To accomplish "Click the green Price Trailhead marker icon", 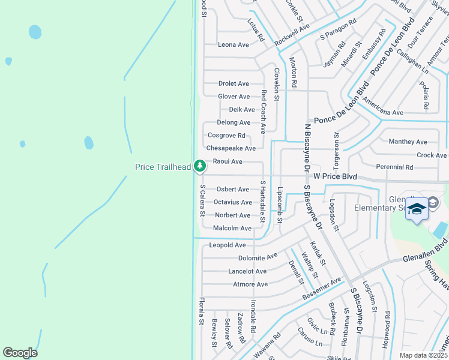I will pos(200,165).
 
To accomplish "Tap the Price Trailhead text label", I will pos(163,167).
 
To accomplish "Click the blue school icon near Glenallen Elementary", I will pos(417,209).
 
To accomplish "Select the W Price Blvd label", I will pos(335,177).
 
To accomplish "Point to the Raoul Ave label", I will pos(228,161).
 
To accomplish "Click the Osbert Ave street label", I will pos(232,190).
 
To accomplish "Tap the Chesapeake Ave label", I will pos(231,148).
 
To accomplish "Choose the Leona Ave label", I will pos(234,45).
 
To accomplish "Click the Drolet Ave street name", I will pos(234,84).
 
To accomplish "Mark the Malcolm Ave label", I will pos(232,229).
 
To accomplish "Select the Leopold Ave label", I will pos(228,245).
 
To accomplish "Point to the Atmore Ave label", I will pos(250,284).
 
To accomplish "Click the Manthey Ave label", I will pos(408,142).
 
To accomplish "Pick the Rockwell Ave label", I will pos(292,36).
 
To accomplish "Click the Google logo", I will pos(20,353).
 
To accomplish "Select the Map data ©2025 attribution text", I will pos(423,355).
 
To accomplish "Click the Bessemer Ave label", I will pos(322,289).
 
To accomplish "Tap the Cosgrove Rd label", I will pos(226,136).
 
